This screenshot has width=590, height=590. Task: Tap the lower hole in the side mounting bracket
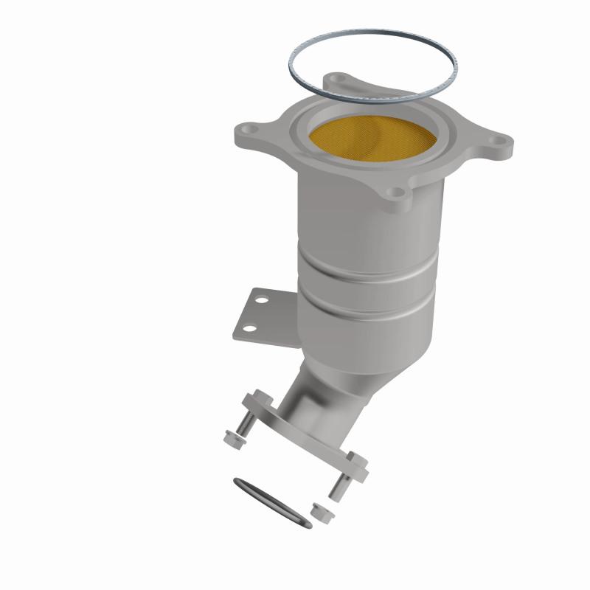[251, 329]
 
